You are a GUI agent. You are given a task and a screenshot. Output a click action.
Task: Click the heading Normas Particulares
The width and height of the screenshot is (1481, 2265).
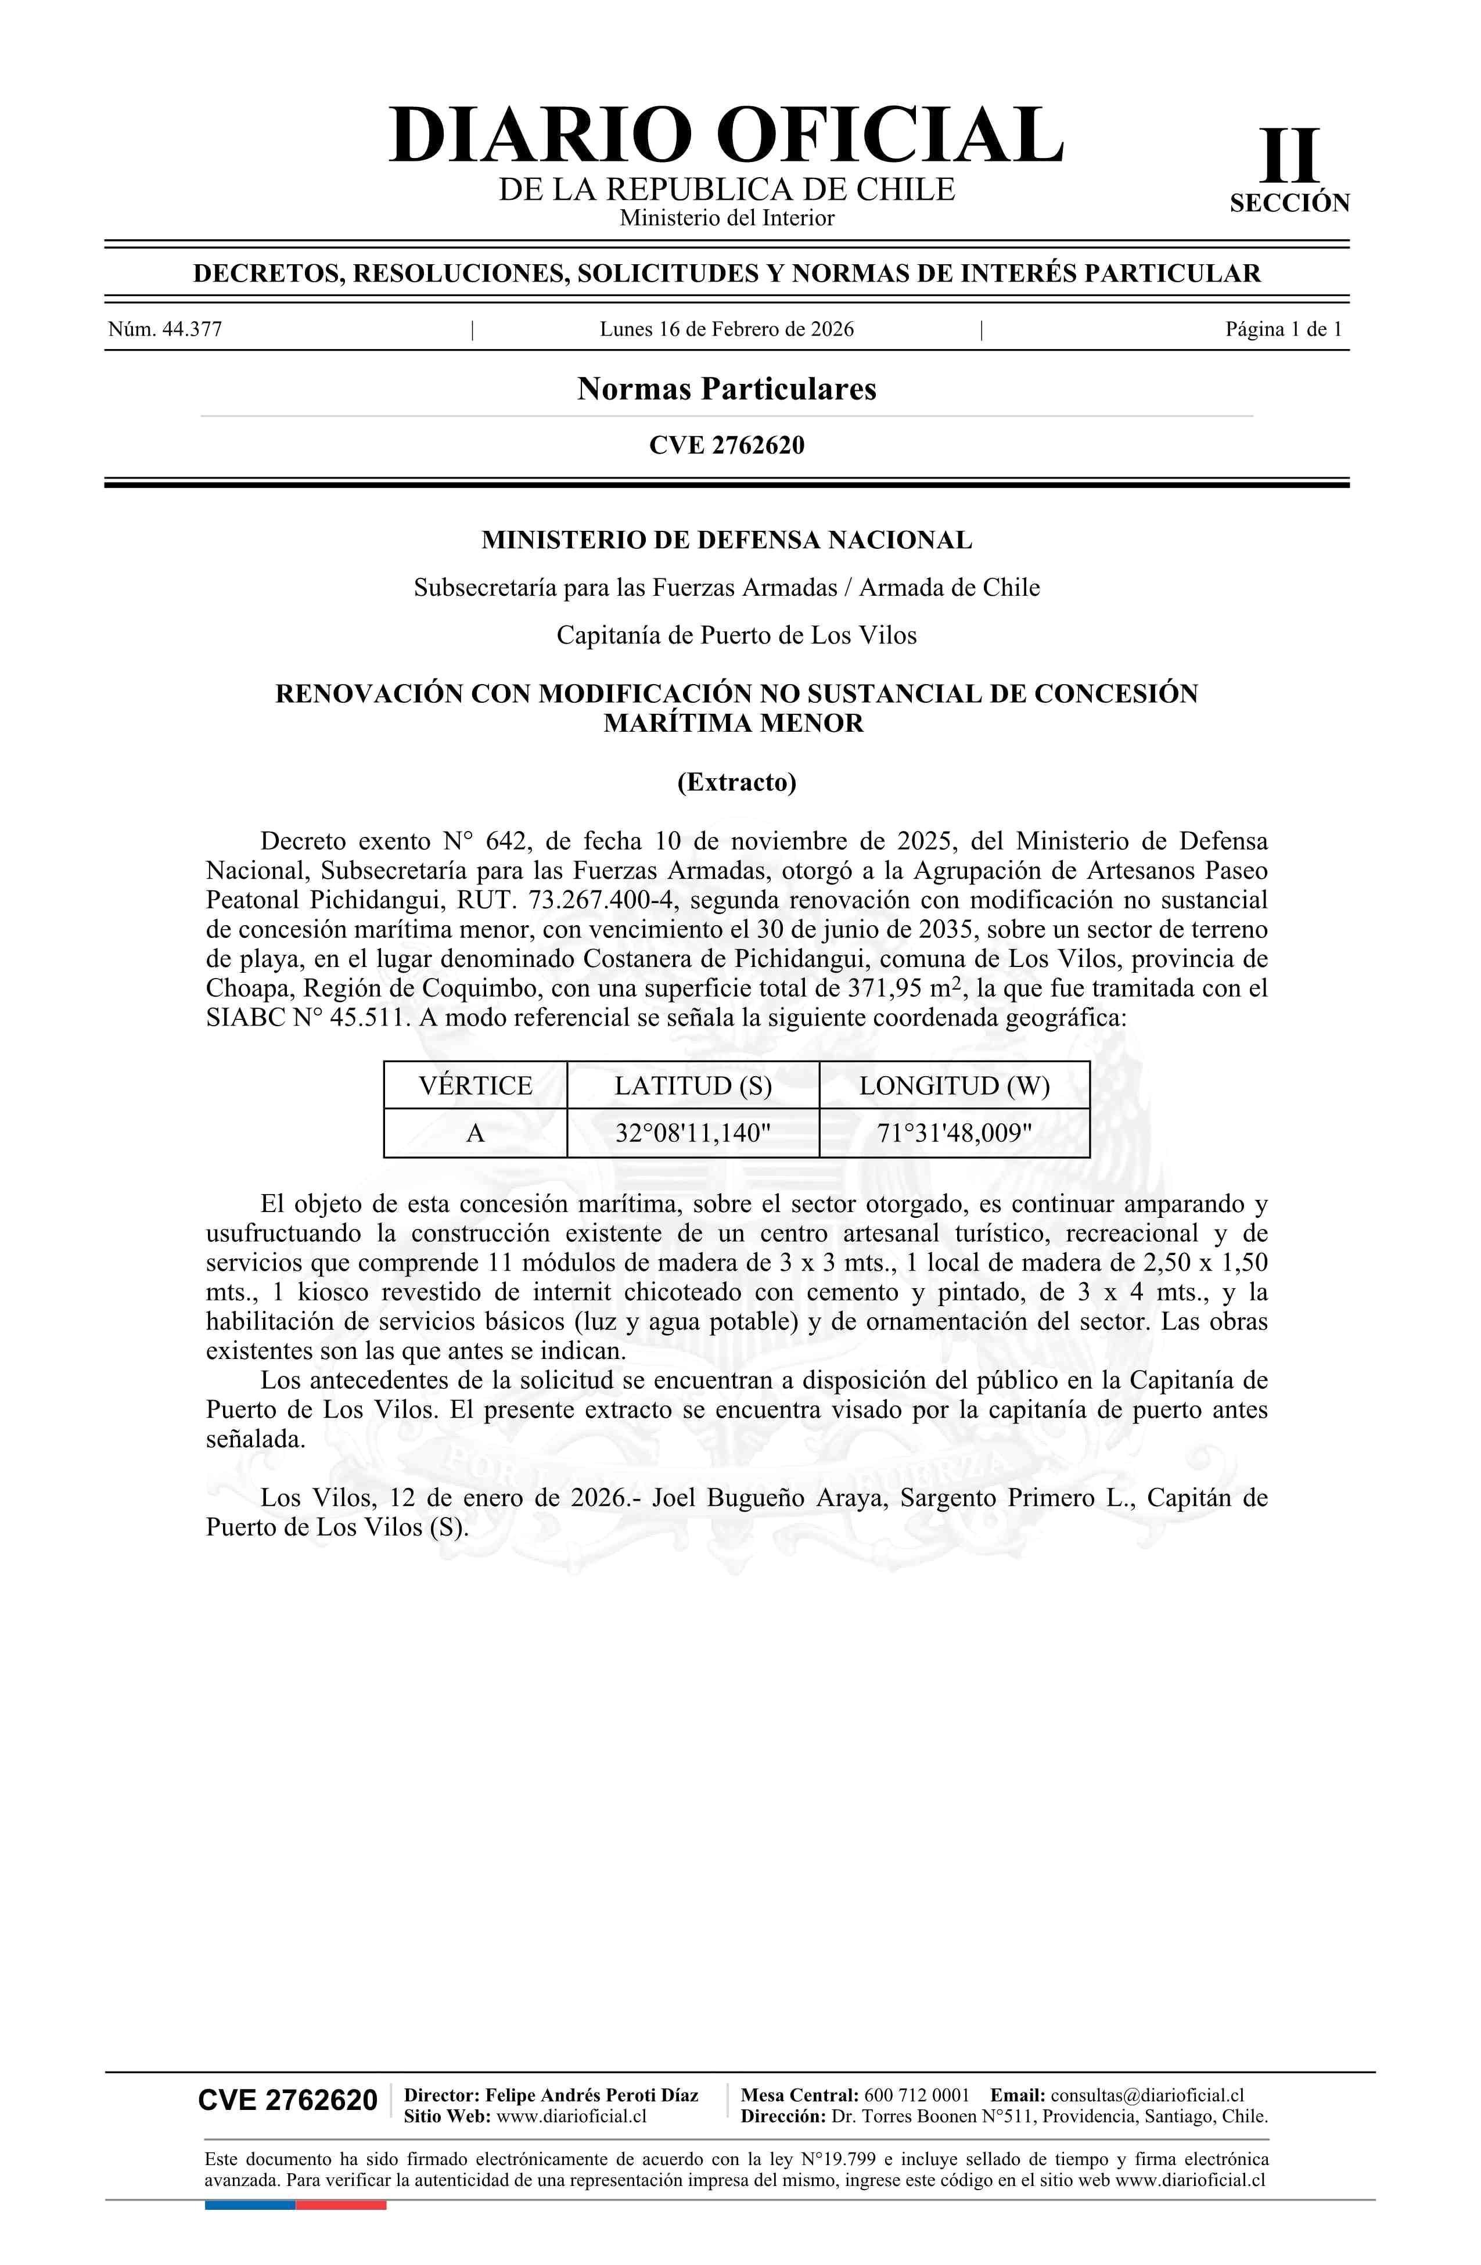pyautogui.click(x=726, y=389)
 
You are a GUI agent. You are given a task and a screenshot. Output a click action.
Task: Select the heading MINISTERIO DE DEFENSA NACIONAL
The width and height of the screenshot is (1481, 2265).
pyautogui.click(x=726, y=541)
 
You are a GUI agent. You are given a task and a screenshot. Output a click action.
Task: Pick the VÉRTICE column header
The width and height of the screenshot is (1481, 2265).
pyautogui.click(x=475, y=1086)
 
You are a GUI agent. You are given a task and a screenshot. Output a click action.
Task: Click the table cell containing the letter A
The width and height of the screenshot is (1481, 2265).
pyautogui.click(x=475, y=1134)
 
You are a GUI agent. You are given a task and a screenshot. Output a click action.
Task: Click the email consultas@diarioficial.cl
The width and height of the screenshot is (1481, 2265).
pyautogui.click(x=1147, y=2095)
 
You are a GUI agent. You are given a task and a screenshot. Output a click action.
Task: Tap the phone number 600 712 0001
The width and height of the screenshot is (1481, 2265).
pyautogui.click(x=916, y=2095)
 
